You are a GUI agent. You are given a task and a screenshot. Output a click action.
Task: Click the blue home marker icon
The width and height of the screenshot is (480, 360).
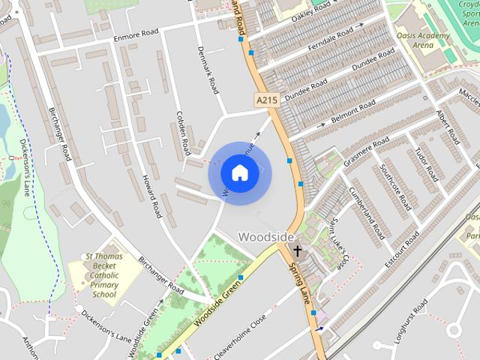pyautogui.click(x=239, y=173)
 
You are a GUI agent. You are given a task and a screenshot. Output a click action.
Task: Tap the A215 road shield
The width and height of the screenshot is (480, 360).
pyautogui.click(x=265, y=100)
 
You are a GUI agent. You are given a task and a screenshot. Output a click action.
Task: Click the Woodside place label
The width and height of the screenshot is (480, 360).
pyautogui.click(x=266, y=236)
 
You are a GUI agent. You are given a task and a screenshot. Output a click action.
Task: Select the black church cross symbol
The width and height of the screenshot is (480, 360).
pyautogui.click(x=298, y=250)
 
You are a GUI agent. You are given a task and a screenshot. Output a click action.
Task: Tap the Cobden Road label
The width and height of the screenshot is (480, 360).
pyautogui.click(x=181, y=120)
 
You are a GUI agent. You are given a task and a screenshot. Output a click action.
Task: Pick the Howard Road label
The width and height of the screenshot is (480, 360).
pyautogui.click(x=152, y=196)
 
